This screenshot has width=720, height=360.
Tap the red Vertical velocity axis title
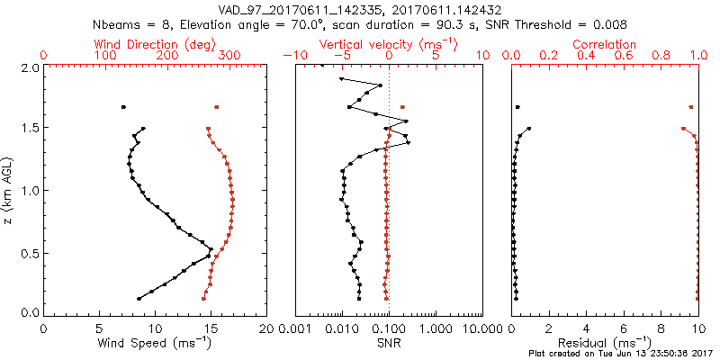pos(388,43)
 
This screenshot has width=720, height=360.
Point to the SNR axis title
pos(388,343)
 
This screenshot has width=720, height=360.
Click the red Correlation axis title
pos(605,43)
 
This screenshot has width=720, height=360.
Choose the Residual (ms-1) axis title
pos(605,344)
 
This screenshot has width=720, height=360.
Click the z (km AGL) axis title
pos(8,189)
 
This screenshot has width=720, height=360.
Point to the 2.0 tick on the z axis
pos(29,67)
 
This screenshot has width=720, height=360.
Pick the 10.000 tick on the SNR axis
pos(482,328)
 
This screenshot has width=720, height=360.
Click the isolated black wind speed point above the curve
pos(123,107)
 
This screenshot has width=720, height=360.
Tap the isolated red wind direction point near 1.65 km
pos(216,107)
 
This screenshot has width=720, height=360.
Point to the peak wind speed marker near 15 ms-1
pos(211,249)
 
